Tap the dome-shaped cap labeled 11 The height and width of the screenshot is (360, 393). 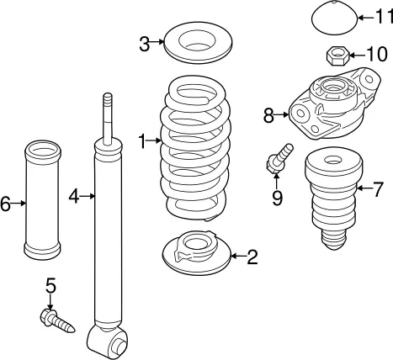[334, 19]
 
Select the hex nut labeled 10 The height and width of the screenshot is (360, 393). [337, 56]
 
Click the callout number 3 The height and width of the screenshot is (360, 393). [145, 45]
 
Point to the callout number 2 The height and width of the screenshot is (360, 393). [252, 257]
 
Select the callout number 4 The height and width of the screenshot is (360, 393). [74, 196]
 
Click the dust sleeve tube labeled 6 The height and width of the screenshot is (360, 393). [43, 199]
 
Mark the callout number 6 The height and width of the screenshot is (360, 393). [5, 204]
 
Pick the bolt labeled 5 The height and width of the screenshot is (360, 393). [57, 320]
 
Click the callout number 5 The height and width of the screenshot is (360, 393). [51, 285]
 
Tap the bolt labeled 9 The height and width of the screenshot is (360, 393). [279, 159]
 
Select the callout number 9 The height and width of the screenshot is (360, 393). [277, 199]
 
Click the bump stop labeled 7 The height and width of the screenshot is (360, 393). [333, 199]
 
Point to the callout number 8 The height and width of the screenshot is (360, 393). [268, 115]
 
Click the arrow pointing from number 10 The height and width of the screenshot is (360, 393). [356, 55]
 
